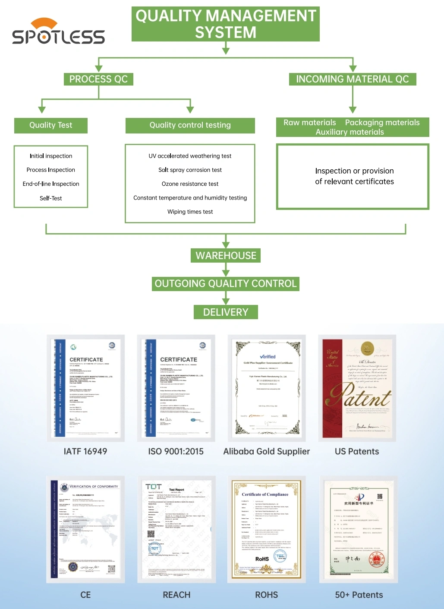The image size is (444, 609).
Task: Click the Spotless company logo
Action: (58, 32)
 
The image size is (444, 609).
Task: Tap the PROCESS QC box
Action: (98, 79)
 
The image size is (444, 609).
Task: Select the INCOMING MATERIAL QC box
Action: (352, 79)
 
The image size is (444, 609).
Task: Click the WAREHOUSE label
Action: (226, 256)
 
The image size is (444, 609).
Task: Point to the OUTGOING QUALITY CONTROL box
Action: (226, 284)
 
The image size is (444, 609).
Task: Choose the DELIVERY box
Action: (226, 312)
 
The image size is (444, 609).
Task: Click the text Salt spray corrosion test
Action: (190, 170)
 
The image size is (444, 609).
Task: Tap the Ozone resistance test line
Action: (190, 184)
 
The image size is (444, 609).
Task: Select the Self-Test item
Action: (51, 198)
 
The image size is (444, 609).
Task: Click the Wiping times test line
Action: (190, 212)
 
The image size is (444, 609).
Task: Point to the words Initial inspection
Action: (51, 156)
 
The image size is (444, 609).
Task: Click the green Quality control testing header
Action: (190, 125)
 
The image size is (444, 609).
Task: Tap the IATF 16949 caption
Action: (85, 451)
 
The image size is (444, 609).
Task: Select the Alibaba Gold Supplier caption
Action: (267, 451)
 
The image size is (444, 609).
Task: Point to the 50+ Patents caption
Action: (359, 595)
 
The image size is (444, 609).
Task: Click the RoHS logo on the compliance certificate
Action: (262, 559)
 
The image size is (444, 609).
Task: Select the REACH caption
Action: (176, 595)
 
